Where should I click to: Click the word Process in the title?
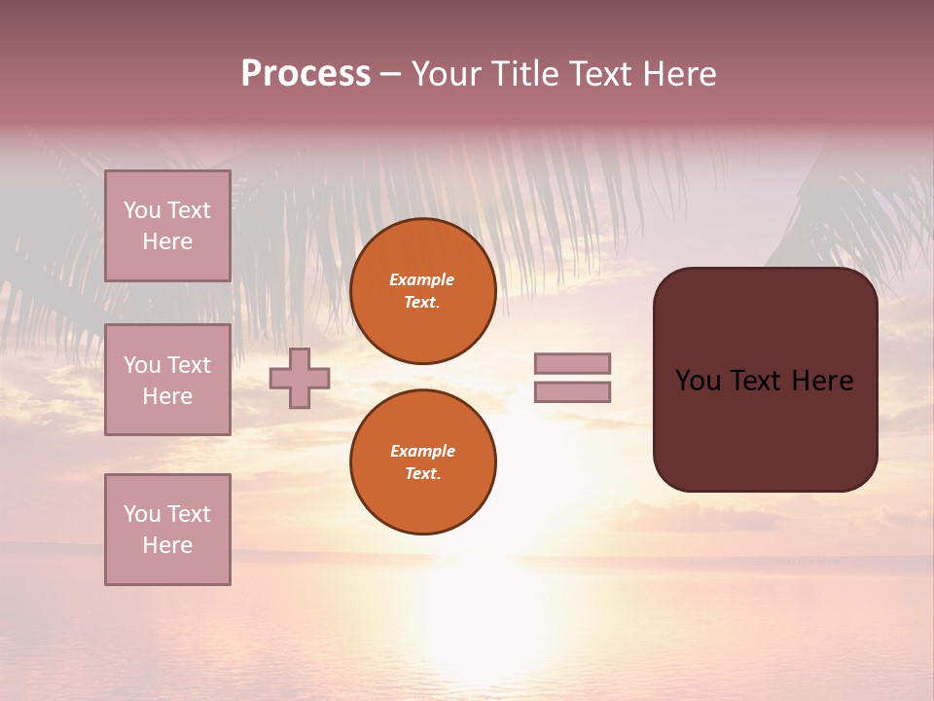pyautogui.click(x=305, y=74)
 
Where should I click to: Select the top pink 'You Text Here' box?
pyautogui.click(x=167, y=226)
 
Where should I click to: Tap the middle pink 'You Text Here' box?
pyautogui.click(x=167, y=380)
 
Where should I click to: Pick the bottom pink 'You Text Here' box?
pyautogui.click(x=167, y=530)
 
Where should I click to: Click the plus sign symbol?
pyautogui.click(x=300, y=378)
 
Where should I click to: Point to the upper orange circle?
pyautogui.click(x=423, y=291)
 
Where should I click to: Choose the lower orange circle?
pyautogui.click(x=423, y=462)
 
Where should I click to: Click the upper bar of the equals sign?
pyautogui.click(x=572, y=363)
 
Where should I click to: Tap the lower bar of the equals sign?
pyautogui.click(x=572, y=392)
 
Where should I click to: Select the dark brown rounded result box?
pyautogui.click(x=765, y=380)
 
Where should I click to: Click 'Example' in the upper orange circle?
pyautogui.click(x=421, y=279)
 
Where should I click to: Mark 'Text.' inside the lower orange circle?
pyautogui.click(x=422, y=474)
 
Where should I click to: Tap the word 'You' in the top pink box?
pyautogui.click(x=142, y=210)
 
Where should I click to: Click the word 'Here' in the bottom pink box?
pyautogui.click(x=167, y=545)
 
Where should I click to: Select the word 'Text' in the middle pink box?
pyautogui.click(x=188, y=365)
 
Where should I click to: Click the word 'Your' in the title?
pyautogui.click(x=446, y=74)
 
